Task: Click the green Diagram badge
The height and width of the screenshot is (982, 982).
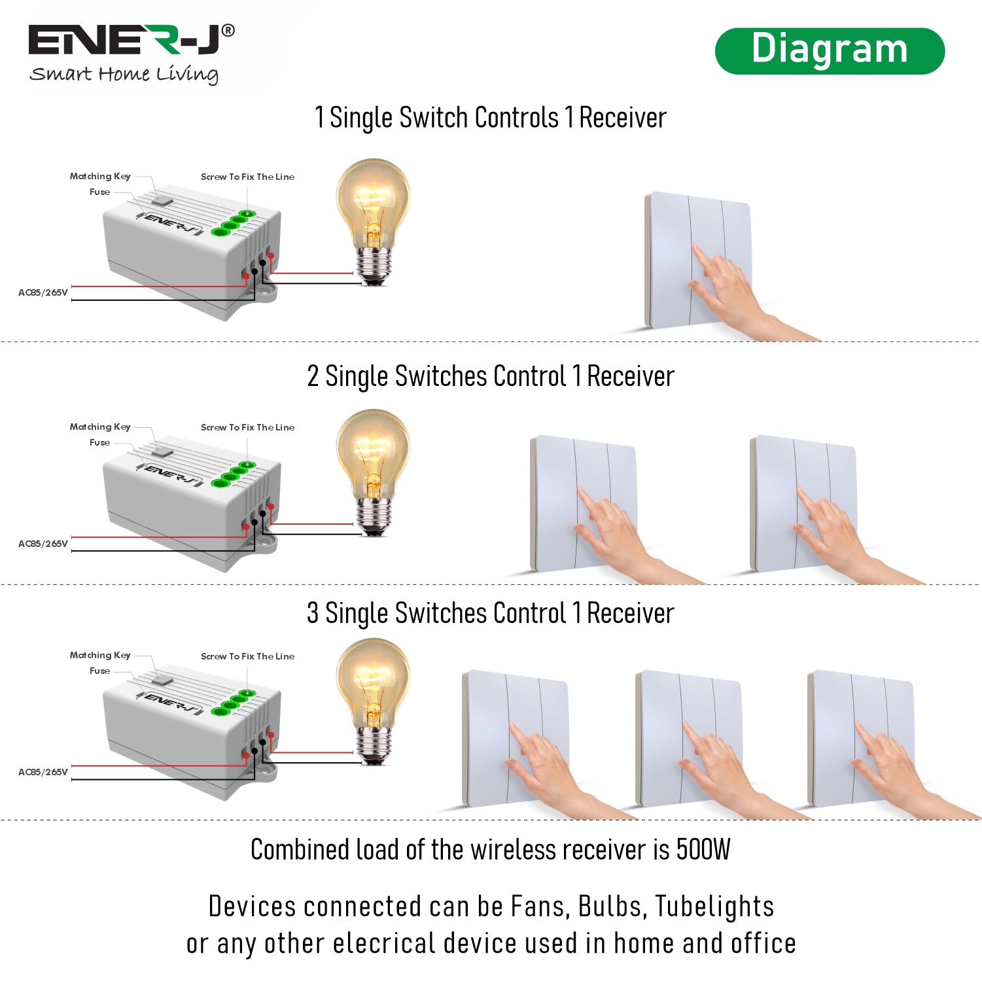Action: tap(830, 50)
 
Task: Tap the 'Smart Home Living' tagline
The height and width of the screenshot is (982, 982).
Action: tap(124, 74)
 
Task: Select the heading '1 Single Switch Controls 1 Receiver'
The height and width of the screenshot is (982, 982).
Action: tap(491, 118)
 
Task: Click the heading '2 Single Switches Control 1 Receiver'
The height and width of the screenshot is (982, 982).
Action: tap(491, 376)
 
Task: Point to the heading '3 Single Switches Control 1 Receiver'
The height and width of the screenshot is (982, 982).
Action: tap(491, 613)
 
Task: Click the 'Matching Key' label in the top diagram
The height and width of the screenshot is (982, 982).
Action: tap(100, 176)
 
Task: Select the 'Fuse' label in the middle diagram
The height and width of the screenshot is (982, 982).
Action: tap(99, 442)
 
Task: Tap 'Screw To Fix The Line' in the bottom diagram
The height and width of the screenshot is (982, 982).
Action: tap(247, 656)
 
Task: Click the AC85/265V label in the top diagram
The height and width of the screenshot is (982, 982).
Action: tap(43, 292)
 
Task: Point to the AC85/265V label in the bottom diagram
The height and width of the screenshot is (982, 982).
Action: tap(43, 772)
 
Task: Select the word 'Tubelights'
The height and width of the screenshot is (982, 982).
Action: tap(714, 907)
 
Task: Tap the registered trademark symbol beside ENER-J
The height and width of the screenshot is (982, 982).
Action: tap(228, 30)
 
